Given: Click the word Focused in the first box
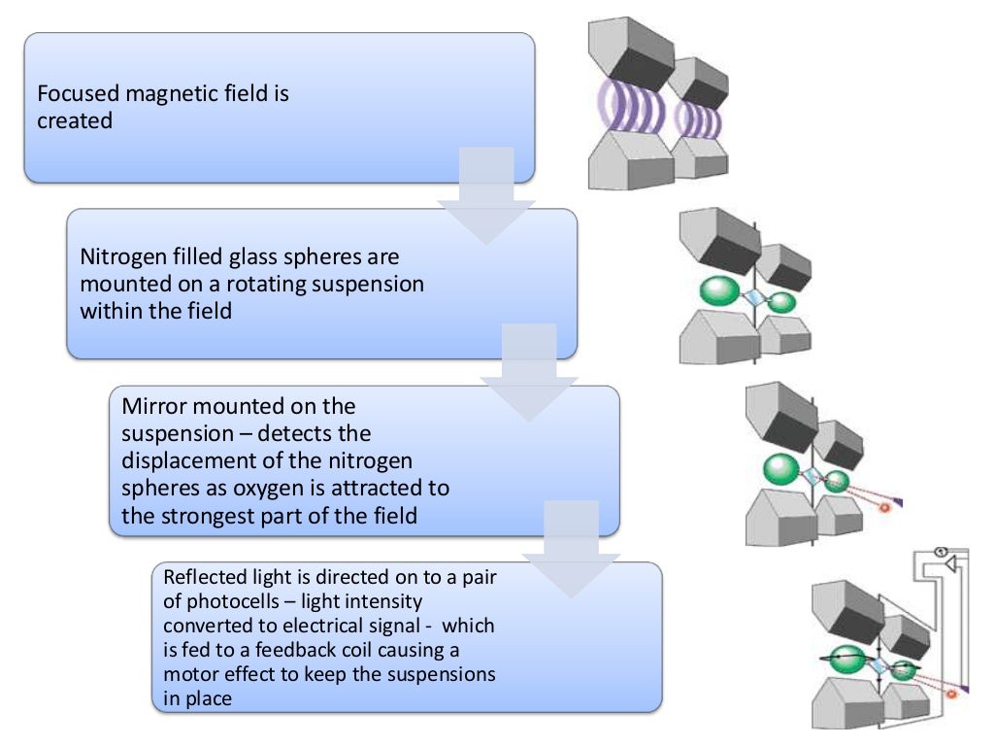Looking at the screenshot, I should coord(79,95).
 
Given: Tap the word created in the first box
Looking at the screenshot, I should coord(75,121).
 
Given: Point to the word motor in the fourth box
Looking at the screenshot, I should coord(192,674).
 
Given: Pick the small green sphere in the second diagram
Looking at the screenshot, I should coord(781,302).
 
